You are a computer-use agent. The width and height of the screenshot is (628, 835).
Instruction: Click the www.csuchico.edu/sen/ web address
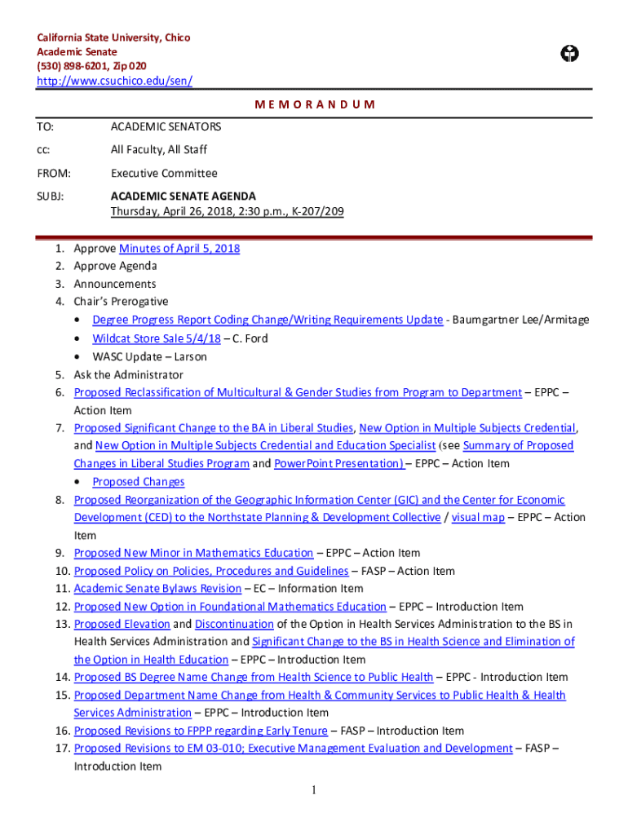[x=115, y=81]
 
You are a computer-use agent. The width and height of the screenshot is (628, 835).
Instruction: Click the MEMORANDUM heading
[x=315, y=104]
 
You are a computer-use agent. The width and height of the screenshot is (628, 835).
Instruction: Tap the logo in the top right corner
[x=570, y=54]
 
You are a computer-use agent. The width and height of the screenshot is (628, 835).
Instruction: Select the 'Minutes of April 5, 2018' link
[x=179, y=249]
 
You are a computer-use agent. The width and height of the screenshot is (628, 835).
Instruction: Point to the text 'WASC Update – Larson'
[x=149, y=356]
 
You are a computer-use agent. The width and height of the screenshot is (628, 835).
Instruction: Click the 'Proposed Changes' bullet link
[x=139, y=481]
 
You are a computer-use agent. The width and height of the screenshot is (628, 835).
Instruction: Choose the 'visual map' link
[x=478, y=517]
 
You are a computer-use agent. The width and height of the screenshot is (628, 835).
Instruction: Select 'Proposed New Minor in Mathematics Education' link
[x=193, y=553]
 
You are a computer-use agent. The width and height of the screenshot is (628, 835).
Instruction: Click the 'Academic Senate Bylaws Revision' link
[x=157, y=589]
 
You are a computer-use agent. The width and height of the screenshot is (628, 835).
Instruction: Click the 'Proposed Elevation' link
[x=122, y=625]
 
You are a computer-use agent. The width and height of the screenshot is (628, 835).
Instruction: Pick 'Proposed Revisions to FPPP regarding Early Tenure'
[x=201, y=731]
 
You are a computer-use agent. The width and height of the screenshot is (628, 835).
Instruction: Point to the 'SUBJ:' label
[x=51, y=197]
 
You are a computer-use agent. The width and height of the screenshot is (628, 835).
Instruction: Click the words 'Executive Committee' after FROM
[x=164, y=173]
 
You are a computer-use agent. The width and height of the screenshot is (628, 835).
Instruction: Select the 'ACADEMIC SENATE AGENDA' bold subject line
[x=184, y=197]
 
